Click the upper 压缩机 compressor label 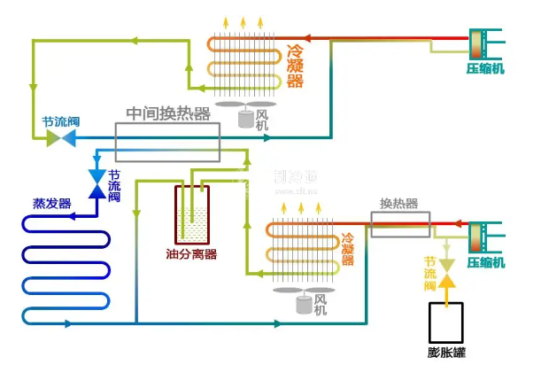(x=485, y=68)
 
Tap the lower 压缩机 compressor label (x=485, y=263)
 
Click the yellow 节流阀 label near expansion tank (x=431, y=275)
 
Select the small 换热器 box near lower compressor (x=399, y=223)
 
